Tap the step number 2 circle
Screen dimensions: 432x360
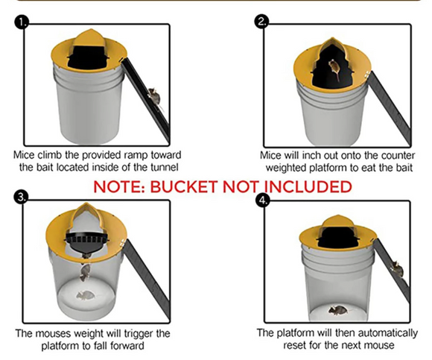click(261, 22)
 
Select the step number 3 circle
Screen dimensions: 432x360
click(21, 198)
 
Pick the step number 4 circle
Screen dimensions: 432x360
click(263, 200)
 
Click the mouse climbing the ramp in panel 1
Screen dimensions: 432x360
click(155, 97)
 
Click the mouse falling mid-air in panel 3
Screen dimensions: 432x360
click(85, 273)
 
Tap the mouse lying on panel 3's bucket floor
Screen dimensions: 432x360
click(86, 296)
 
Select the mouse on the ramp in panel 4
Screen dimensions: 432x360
click(398, 271)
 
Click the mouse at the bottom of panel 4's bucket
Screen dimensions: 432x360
click(337, 310)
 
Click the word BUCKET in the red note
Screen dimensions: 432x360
click(183, 186)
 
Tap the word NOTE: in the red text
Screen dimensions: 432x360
click(118, 186)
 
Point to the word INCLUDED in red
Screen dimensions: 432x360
click(308, 186)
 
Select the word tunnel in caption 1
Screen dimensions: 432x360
click(164, 167)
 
